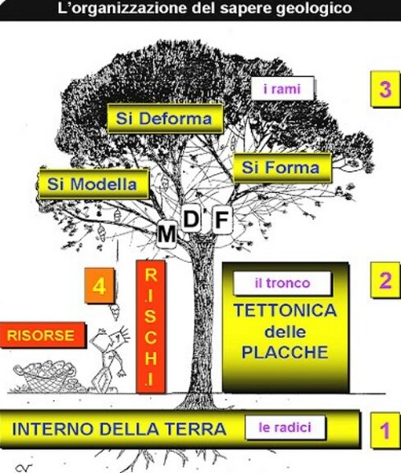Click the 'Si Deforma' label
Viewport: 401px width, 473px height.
pos(165,119)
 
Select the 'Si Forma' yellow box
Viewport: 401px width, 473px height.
pos(281,168)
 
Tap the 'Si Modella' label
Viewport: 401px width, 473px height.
pos(93,183)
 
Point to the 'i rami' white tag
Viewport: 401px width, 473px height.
pos(283,88)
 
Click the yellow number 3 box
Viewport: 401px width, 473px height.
pos(385,89)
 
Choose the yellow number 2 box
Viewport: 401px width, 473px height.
pos(385,280)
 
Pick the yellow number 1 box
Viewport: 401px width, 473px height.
pos(385,430)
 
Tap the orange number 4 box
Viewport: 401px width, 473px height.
pos(99,286)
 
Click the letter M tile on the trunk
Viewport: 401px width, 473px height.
pos(166,234)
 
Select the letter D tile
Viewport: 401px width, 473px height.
pos(191,219)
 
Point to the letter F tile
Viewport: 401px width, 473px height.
pos(222,219)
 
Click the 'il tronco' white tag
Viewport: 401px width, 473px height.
pos(283,283)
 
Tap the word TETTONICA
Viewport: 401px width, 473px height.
pos(285,311)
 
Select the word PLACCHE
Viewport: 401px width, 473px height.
pos(285,352)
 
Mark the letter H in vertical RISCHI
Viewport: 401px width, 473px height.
pos(151,358)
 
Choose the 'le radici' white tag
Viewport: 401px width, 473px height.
pos(285,427)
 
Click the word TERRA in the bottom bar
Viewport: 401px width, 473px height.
pos(197,429)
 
